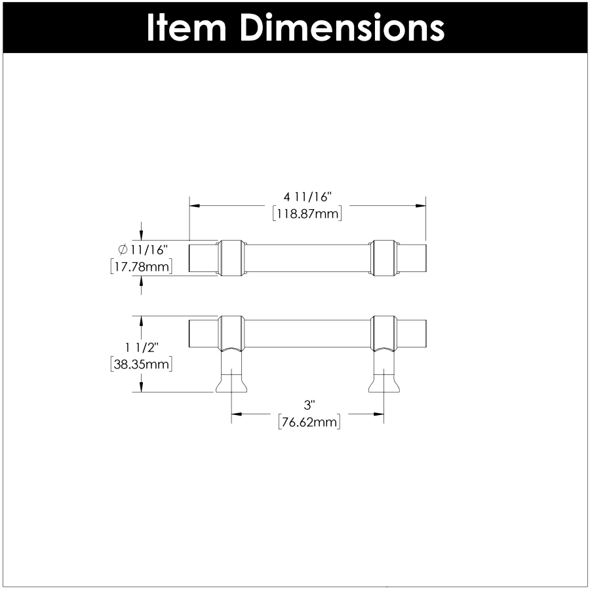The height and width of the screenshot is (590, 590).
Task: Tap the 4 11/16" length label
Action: (x=308, y=197)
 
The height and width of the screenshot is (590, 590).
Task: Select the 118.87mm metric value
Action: (x=308, y=213)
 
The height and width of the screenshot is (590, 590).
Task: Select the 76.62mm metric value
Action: (x=309, y=423)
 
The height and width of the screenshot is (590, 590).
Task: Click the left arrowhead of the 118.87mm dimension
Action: (x=194, y=205)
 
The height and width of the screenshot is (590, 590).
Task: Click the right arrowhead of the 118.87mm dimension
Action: (x=422, y=205)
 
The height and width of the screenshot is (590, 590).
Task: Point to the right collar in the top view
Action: (x=383, y=257)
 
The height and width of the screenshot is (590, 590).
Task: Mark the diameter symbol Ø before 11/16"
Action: (x=123, y=249)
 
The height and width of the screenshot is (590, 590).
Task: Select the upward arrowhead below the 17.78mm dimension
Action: (x=142, y=280)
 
